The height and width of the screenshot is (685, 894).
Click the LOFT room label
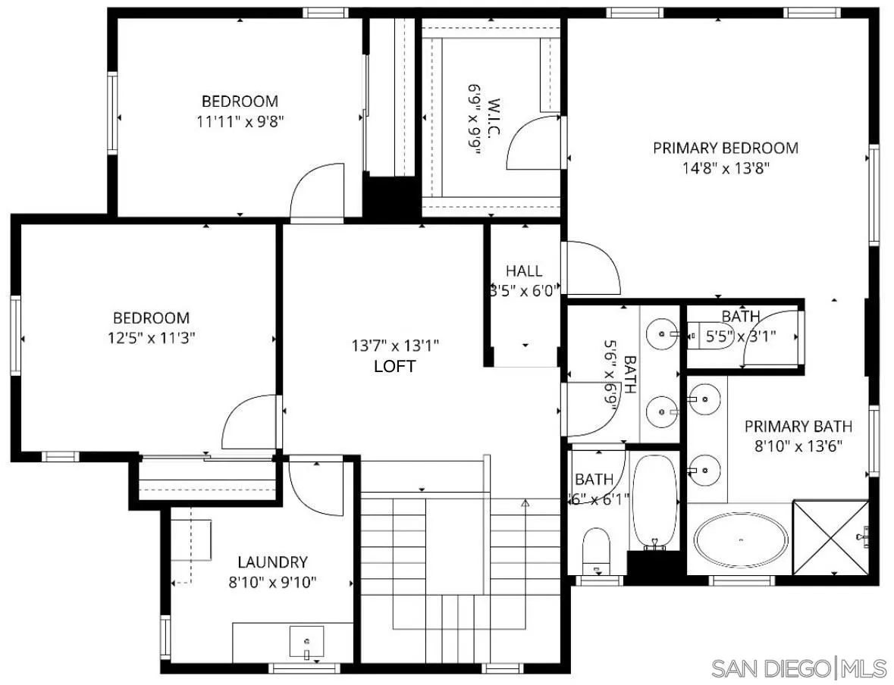coord(395,366)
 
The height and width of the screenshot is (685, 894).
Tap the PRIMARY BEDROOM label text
coord(726,148)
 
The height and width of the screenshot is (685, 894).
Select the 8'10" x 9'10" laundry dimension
coord(272,582)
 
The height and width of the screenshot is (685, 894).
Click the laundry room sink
coord(306,642)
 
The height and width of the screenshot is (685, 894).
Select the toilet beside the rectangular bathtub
coord(597,550)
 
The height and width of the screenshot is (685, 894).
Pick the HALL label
coord(524,271)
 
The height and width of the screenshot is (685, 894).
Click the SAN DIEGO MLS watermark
coord(798,668)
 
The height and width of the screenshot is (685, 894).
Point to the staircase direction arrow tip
coord(525,502)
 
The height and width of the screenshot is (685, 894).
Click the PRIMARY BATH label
coord(798,426)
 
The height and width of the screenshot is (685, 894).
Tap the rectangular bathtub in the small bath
coord(654,500)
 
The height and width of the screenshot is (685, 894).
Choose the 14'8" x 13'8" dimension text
coord(726,168)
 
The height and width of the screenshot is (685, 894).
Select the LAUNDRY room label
coord(272,562)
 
